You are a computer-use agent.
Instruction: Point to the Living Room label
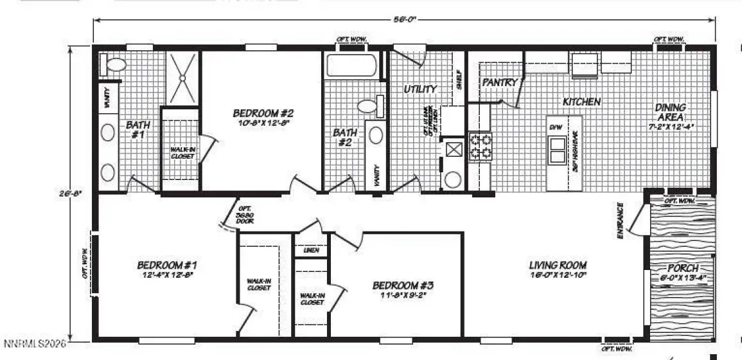click(558, 265)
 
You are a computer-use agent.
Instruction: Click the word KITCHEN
click(581, 102)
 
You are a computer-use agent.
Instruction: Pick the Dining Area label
click(671, 113)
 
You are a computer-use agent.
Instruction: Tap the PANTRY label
click(499, 82)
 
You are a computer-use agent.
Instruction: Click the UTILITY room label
click(421, 89)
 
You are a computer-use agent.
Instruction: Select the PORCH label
click(682, 268)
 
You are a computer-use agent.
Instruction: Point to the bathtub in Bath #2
click(351, 65)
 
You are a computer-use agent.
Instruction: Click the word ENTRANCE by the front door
click(621, 221)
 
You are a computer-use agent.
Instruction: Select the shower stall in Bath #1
click(184, 77)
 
